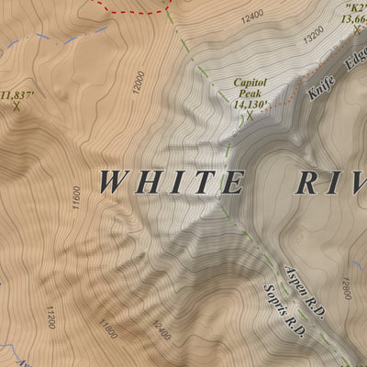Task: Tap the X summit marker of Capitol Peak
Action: [250, 117]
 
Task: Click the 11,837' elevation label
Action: [17, 94]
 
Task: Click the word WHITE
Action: [171, 182]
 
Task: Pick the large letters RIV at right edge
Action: [330, 182]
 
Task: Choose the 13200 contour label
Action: [314, 36]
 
